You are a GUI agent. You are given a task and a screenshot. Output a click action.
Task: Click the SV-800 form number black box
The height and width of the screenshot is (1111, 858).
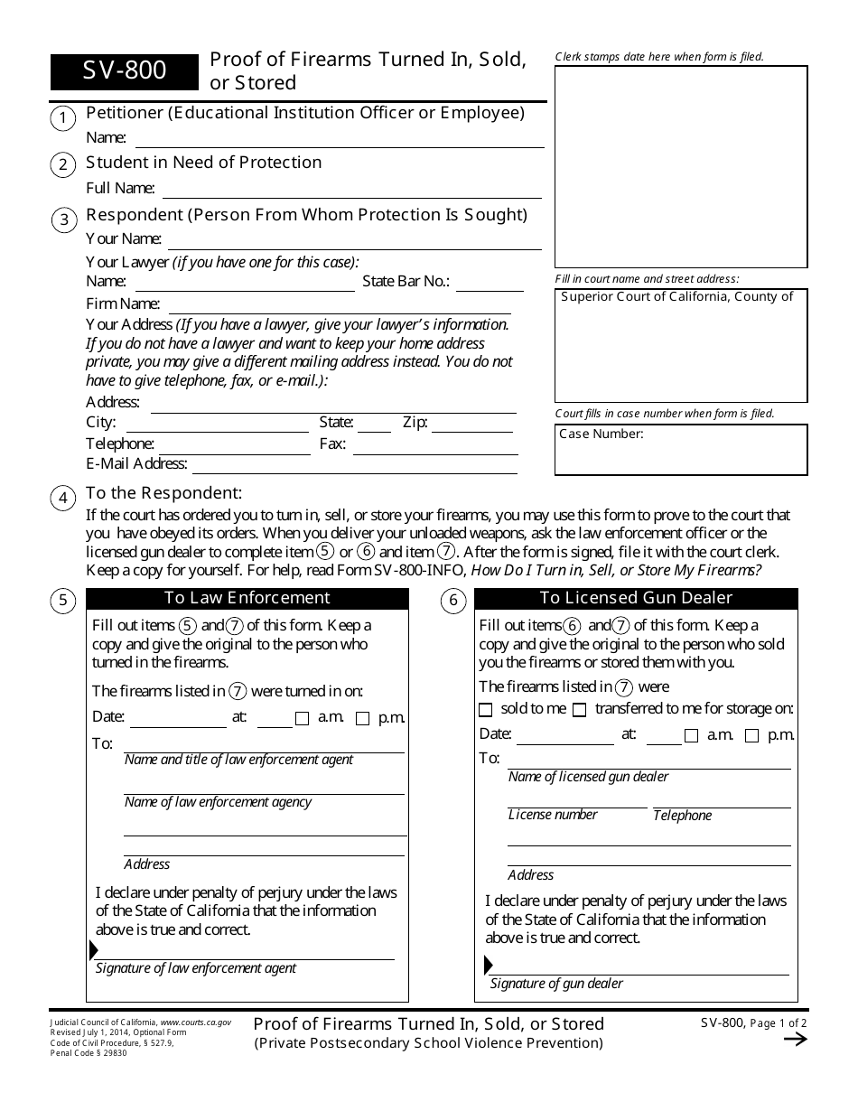tap(124, 71)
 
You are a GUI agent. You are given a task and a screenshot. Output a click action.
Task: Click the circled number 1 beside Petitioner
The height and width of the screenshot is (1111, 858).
tap(63, 118)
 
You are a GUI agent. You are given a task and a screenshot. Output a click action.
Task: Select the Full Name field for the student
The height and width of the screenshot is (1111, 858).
tap(351, 190)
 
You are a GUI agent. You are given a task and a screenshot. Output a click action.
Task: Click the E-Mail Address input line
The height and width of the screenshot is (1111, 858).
tap(355, 465)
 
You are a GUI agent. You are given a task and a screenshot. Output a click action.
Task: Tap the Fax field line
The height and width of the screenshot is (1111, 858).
tap(435, 445)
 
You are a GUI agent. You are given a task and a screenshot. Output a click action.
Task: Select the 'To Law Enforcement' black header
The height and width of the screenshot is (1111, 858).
tap(247, 598)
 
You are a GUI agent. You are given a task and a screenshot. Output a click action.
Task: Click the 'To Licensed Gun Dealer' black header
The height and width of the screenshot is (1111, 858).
tap(636, 598)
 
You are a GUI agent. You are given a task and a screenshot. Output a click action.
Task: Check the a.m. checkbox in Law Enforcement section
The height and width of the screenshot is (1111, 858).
tap(303, 719)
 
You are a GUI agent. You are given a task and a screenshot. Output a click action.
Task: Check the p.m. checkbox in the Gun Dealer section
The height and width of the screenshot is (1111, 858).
tap(751, 736)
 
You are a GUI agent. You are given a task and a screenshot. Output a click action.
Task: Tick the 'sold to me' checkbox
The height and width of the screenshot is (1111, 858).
tap(486, 710)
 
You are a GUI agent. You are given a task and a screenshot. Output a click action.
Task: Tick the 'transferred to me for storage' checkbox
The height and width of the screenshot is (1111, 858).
tap(580, 710)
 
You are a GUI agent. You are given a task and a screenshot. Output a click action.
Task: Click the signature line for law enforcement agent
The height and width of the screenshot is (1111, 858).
tap(244, 952)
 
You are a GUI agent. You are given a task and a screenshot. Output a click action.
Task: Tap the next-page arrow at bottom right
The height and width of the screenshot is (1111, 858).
tap(795, 1039)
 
